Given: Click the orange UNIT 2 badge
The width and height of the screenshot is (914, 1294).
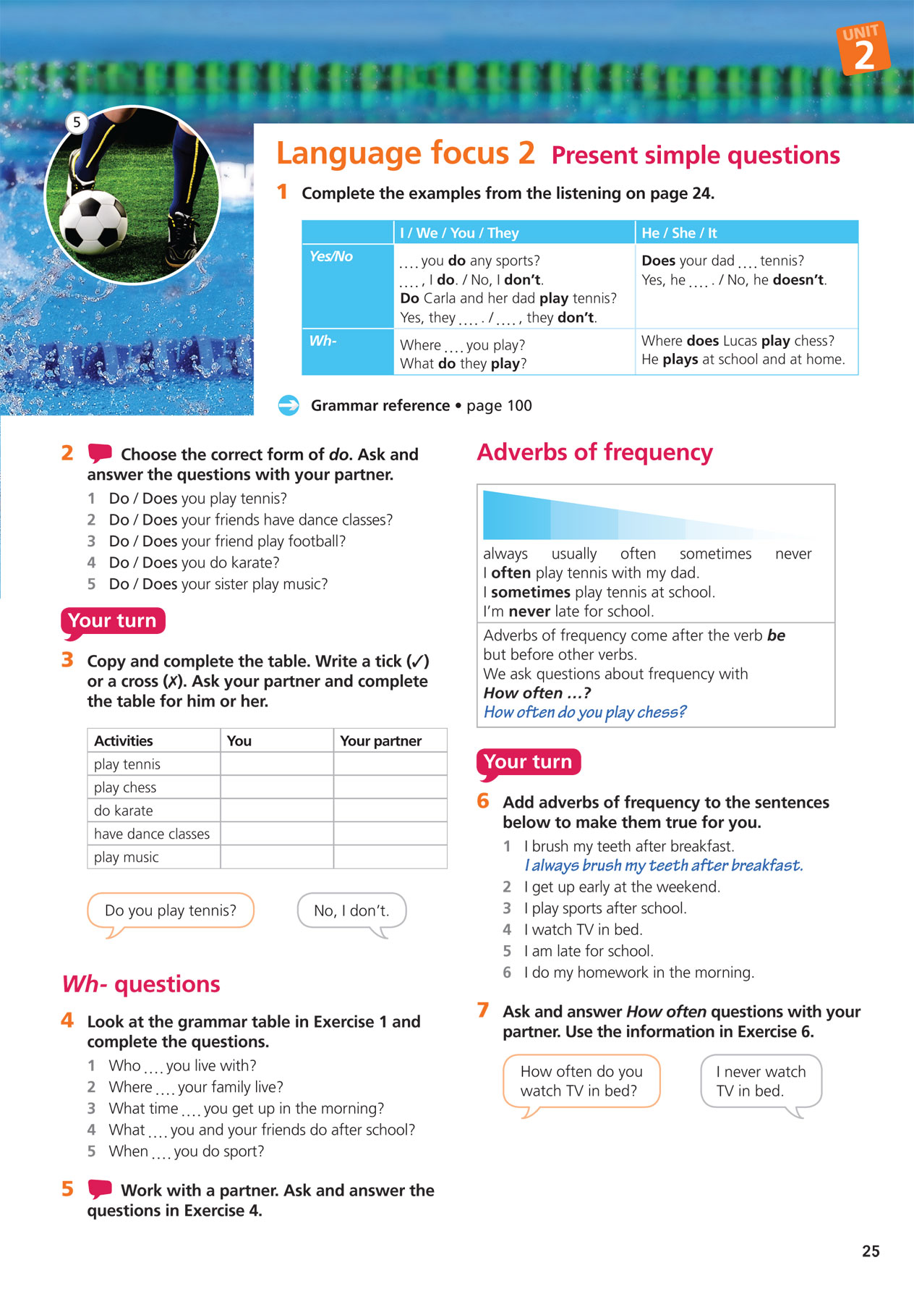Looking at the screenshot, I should click(863, 48).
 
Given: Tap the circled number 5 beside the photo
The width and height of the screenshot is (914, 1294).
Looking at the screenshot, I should click(77, 122).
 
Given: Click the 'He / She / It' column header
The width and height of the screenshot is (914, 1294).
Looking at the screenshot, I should click(679, 233).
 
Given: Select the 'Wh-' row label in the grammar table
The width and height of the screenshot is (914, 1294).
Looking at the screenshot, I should click(323, 341).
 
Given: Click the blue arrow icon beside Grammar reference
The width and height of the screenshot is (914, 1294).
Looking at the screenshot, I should click(289, 405).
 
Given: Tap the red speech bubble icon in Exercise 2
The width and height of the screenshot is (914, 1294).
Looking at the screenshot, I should click(100, 454).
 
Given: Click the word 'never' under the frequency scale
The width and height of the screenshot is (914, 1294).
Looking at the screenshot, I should click(793, 554).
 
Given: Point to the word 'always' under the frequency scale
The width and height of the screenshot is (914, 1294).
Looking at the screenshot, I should click(505, 554).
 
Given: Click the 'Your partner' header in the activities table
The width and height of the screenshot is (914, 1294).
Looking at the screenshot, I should click(380, 740).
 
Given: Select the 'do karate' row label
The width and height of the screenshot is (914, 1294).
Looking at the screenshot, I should click(124, 811).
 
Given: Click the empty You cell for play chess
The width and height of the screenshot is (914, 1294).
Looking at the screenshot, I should click(276, 787).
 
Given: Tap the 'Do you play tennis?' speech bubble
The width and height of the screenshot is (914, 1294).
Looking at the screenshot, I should click(171, 910).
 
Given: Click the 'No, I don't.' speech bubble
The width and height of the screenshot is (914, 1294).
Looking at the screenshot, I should click(351, 910).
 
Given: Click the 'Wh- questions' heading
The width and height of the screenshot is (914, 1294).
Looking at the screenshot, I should click(141, 984).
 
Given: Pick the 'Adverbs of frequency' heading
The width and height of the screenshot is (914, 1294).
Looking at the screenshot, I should click(594, 452).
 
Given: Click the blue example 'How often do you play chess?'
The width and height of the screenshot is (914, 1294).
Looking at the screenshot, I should click(584, 712).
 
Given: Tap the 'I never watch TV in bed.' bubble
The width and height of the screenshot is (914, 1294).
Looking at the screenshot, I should click(761, 1081).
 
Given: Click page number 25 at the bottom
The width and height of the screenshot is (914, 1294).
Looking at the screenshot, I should click(871, 1251).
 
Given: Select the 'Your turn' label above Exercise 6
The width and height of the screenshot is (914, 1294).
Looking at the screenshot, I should click(528, 762).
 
